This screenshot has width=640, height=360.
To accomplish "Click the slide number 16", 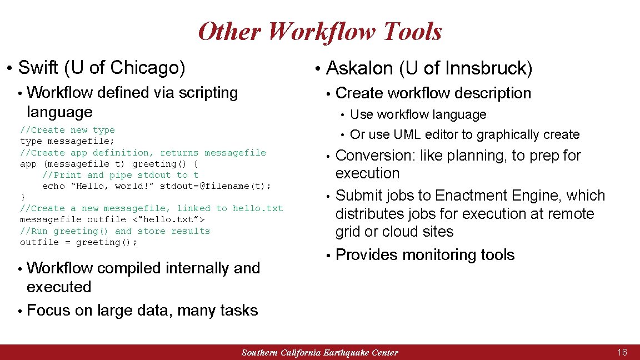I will coord(622,352).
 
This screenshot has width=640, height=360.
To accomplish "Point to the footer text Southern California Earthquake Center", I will coord(319,353).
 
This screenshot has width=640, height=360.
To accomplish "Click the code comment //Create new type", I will coord(67,130).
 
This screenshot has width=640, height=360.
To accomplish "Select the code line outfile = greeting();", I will coord(78,242).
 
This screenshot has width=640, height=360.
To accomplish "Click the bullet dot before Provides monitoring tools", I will coord(328,256).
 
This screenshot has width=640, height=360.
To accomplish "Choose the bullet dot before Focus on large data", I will coord(19,311).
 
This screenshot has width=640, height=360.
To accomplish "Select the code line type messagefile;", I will coord(67,141).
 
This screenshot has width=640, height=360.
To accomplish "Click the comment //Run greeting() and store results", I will coord(115,231).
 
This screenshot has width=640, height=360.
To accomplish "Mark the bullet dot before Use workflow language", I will coord(343,115).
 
